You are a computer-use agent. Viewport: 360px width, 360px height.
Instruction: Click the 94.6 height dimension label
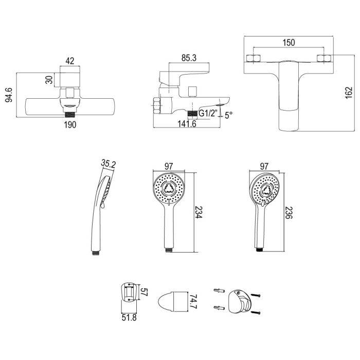point(9,95)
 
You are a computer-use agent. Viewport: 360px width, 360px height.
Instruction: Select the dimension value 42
point(70,61)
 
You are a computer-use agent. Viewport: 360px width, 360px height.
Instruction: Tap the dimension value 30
point(49,80)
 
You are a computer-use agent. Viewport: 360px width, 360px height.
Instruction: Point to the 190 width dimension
point(70,125)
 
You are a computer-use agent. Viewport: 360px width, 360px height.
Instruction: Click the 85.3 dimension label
point(189,58)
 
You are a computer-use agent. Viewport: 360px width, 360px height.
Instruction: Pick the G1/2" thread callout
point(208,114)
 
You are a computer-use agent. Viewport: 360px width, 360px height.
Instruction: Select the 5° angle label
point(228,115)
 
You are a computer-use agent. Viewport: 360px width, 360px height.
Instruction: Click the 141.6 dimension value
point(187,124)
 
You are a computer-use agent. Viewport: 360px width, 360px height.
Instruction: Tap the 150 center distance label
point(289,43)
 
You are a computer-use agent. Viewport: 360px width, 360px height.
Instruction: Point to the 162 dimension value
point(349,93)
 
